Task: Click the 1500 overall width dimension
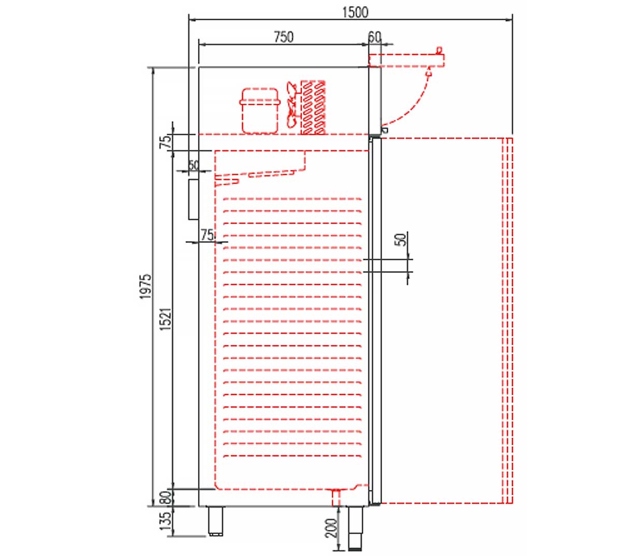(x=355, y=12)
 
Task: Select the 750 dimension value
(x=284, y=37)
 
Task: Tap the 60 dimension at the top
(x=375, y=37)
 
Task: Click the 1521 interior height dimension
(x=165, y=319)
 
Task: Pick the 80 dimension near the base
(x=165, y=498)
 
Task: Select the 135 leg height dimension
(x=165, y=521)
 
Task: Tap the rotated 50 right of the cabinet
(x=400, y=240)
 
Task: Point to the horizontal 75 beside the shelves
(x=207, y=235)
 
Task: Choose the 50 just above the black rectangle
(x=193, y=165)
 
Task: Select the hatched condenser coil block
(x=314, y=107)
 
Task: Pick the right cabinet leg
(x=355, y=527)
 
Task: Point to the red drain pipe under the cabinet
(x=336, y=497)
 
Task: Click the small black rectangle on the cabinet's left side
(x=193, y=199)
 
